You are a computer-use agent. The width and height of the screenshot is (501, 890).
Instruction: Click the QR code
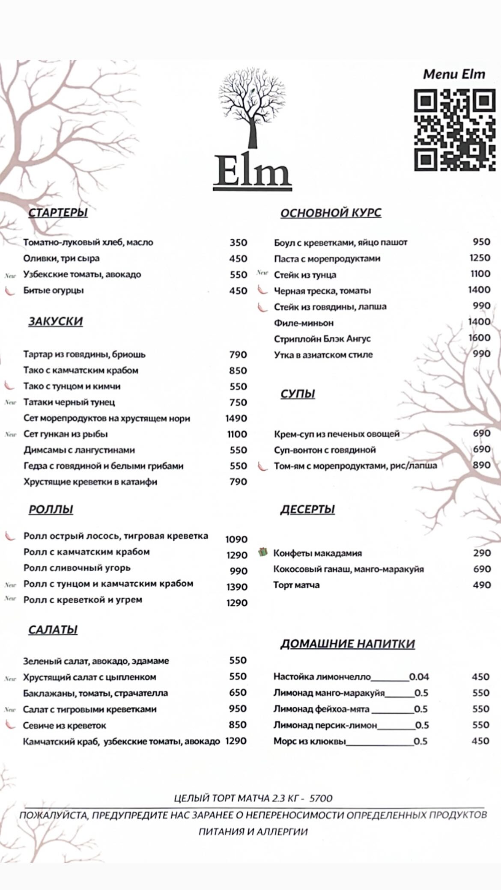click(x=455, y=130)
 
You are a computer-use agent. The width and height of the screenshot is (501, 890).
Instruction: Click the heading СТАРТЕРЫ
click(x=58, y=213)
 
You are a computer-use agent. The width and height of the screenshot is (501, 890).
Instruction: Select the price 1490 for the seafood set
click(x=236, y=418)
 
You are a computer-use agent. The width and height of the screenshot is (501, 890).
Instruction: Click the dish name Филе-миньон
click(x=304, y=323)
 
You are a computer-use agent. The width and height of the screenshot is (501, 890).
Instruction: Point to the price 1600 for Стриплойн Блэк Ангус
click(x=479, y=338)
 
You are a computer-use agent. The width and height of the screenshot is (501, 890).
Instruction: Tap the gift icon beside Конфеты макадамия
click(x=262, y=552)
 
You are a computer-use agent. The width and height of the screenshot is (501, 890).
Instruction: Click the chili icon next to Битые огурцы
click(x=9, y=291)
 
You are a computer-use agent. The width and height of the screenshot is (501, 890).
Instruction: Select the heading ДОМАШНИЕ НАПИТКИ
click(x=347, y=644)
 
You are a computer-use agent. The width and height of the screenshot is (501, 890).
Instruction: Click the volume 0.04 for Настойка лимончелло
click(x=419, y=677)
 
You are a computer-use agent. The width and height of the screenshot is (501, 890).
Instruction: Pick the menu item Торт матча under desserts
click(x=296, y=585)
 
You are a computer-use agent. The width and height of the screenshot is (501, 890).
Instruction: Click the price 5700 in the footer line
click(x=321, y=798)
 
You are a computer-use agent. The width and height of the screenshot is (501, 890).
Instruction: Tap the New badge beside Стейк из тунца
click(x=262, y=273)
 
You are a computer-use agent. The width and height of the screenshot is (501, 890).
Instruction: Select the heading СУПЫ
click(x=298, y=394)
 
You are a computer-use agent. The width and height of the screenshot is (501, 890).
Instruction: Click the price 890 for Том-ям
click(x=481, y=465)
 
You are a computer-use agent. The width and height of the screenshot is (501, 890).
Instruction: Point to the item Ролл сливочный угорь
click(x=77, y=568)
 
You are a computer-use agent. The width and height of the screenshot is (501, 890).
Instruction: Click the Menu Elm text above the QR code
click(x=454, y=74)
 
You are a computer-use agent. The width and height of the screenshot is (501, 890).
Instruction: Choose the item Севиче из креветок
click(x=65, y=726)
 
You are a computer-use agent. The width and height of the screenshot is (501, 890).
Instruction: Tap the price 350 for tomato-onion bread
click(x=238, y=243)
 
